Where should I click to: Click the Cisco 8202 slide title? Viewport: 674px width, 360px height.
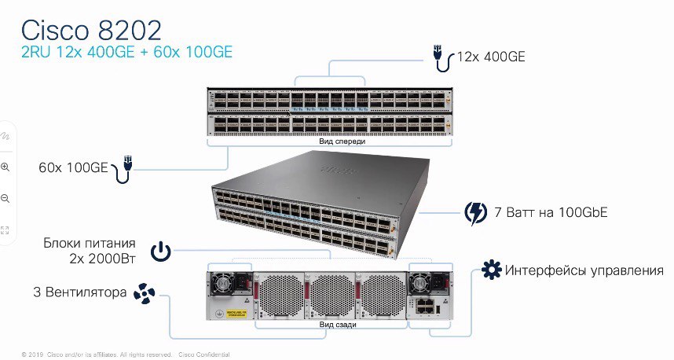pos(91,30)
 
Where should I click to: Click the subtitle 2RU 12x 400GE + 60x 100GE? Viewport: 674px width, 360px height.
pos(126,52)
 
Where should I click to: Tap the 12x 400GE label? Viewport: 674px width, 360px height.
pos(491,57)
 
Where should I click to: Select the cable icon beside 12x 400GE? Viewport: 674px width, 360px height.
pos(442,58)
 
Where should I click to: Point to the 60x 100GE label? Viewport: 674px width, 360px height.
pos(73,167)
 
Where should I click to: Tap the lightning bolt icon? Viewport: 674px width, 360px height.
pos(476,213)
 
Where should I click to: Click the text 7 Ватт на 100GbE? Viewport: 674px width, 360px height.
pos(551,212)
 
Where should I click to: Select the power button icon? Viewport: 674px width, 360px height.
pos(161,252)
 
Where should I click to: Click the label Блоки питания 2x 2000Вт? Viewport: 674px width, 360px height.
pos(90,250)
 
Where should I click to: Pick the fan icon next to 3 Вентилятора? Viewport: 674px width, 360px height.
pos(144,293)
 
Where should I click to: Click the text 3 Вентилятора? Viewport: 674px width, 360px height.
pos(80,292)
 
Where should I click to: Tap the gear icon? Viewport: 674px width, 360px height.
pos(491,270)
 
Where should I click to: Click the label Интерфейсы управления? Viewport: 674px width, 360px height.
pos(584,270)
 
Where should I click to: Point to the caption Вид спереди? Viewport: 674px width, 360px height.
pos(342,141)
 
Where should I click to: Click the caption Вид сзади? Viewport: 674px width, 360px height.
pos(338,325)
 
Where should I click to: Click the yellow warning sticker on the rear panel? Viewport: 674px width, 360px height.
pos(236,314)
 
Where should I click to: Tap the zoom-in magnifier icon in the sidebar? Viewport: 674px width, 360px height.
pos(5,167)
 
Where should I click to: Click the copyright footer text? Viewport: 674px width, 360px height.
pos(126,354)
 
